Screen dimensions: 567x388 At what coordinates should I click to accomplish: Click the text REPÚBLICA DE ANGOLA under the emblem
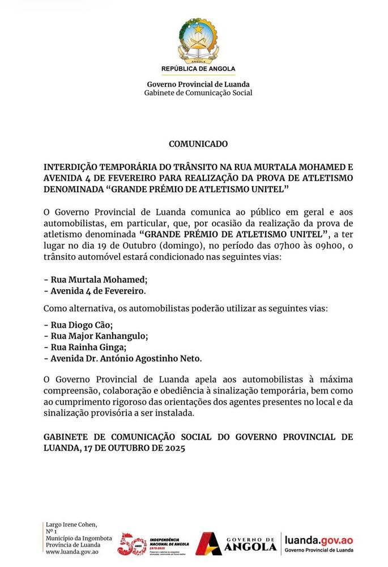(x=198, y=69)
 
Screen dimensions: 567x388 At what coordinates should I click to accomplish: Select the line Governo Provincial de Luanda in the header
(x=198, y=84)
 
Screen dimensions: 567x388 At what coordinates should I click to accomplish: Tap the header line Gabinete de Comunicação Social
(x=198, y=92)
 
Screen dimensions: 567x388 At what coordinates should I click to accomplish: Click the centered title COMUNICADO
(x=198, y=144)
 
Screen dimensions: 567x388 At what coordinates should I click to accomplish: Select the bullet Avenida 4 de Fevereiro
(x=95, y=291)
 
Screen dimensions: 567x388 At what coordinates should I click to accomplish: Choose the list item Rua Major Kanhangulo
(x=96, y=336)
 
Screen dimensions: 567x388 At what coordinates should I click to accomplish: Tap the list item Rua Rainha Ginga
(x=85, y=347)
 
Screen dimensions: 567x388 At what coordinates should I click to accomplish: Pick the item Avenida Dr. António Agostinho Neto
(x=123, y=358)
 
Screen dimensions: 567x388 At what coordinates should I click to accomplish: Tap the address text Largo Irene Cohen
(x=71, y=524)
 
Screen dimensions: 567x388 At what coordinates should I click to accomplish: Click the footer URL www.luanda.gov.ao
(x=73, y=551)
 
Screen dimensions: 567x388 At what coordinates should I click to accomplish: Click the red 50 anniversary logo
(x=132, y=544)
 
